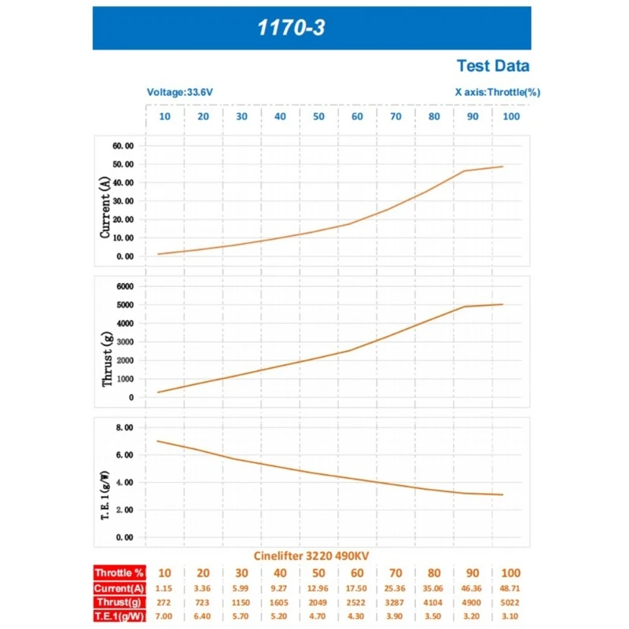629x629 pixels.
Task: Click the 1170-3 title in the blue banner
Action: [291, 29]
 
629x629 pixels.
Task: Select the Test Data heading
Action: [493, 66]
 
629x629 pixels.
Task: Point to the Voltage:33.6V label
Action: [180, 92]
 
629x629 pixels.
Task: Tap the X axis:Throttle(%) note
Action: [498, 92]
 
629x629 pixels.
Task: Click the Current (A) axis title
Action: [105, 208]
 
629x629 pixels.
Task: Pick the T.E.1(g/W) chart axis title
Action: [105, 481]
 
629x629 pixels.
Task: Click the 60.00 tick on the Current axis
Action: [123, 146]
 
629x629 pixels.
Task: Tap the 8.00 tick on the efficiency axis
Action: [125, 428]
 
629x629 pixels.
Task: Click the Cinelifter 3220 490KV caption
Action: [311, 556]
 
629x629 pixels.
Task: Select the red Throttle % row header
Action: [118, 573]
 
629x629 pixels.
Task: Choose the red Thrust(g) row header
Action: [118, 601]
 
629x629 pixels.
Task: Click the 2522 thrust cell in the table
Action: [357, 601]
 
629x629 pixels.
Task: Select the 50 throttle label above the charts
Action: [318, 116]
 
